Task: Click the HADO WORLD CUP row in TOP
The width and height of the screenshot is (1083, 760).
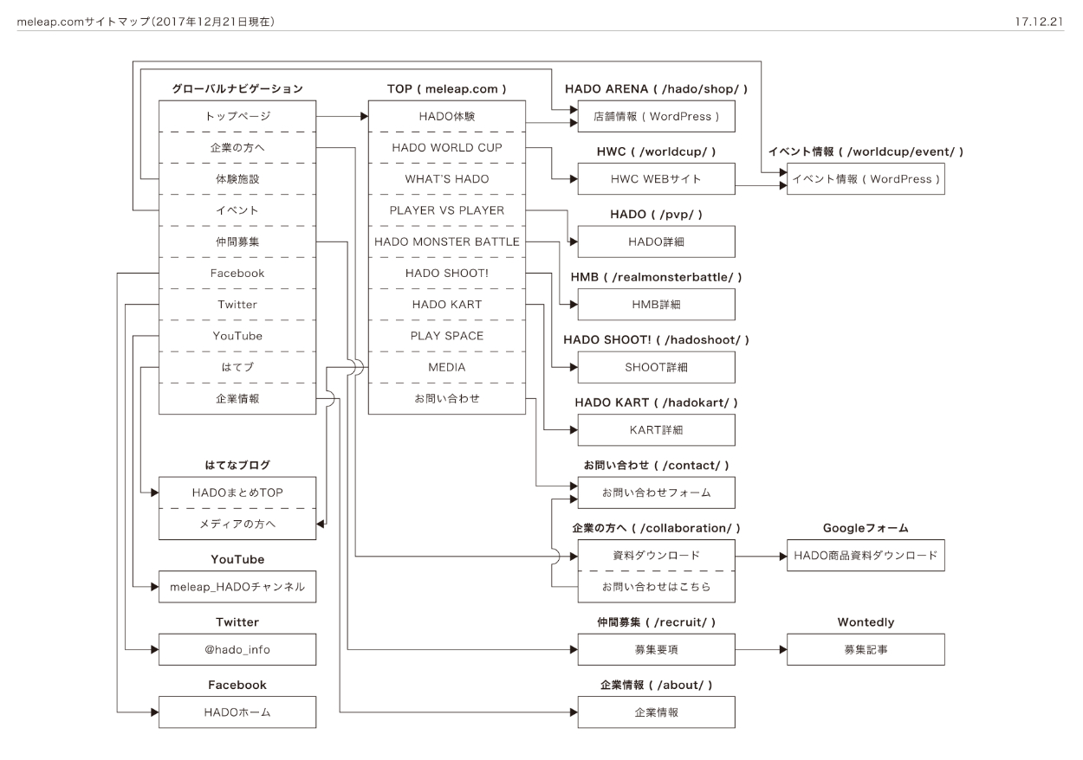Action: [446, 148]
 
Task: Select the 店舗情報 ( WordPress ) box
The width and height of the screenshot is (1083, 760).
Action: [656, 117]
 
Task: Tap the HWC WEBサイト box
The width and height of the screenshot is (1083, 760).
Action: [656, 179]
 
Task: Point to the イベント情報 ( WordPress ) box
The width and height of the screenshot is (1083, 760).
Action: [866, 179]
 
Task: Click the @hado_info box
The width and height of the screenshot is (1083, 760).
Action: [237, 649]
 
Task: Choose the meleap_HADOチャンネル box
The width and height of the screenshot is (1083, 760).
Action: [237, 587]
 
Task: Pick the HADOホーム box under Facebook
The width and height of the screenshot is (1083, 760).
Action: [237, 712]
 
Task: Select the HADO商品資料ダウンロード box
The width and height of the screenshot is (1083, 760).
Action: [866, 556]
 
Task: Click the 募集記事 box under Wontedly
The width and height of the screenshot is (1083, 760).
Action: [866, 649]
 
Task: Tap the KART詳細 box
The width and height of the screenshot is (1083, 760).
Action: [656, 429]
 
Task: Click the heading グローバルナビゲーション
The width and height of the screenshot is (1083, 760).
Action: [237, 89]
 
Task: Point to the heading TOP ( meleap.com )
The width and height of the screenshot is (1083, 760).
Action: [446, 89]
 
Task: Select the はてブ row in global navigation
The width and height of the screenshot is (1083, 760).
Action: [237, 367]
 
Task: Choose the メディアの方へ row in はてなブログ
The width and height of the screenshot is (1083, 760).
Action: [237, 524]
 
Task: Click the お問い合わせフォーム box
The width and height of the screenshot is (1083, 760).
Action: [656, 493]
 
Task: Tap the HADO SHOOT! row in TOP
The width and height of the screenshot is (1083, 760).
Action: [446, 274]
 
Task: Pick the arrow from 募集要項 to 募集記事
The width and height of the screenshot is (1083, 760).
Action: [761, 648]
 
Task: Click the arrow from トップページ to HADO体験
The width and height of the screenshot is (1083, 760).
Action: [341, 116]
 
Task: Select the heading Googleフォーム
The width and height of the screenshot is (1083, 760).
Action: [866, 528]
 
